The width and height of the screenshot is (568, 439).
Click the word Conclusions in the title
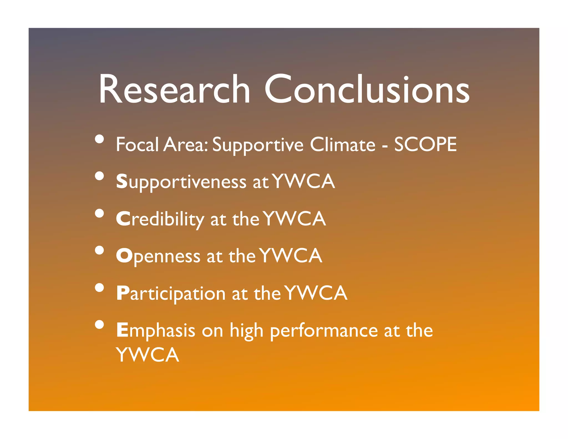[x=367, y=89]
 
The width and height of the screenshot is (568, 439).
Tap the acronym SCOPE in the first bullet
[x=425, y=145]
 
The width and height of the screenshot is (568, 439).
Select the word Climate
[x=342, y=145]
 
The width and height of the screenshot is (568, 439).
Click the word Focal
[x=137, y=145]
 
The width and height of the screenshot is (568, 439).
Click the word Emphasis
[x=156, y=330]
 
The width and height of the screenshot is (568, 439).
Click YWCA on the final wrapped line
[x=148, y=355]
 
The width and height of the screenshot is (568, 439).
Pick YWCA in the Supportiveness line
[x=303, y=181]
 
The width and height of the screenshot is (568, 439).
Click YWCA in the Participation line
[x=316, y=293]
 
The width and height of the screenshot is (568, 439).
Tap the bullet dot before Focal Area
[x=99, y=139]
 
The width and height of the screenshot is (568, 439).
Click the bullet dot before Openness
[x=99, y=251]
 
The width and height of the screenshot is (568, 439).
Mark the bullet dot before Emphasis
[x=99, y=325]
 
